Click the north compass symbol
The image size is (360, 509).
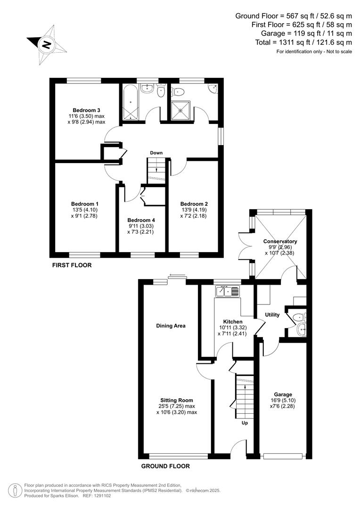46,45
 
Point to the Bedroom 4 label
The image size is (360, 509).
141,220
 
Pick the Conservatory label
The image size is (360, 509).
280,241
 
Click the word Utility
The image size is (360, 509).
272,315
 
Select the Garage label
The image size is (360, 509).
283,394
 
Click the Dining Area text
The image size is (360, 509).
171,326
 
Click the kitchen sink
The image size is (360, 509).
228,292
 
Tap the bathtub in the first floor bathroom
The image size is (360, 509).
130,101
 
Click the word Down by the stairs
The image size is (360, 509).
156,153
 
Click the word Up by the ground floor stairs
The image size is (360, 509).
245,423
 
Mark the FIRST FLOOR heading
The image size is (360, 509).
72,265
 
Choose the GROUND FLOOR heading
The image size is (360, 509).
165,466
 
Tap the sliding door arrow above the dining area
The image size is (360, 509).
178,276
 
